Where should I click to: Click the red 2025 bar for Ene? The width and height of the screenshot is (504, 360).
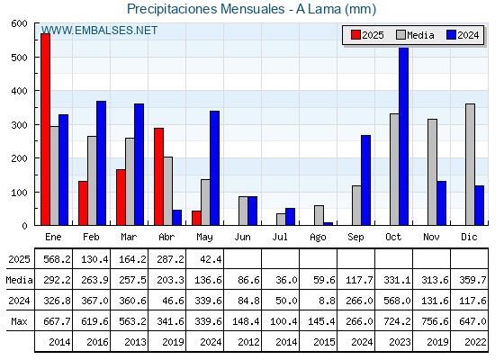tap(45, 130)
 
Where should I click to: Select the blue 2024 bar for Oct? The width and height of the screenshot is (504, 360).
tap(404, 136)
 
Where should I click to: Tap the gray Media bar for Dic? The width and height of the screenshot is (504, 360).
tap(470, 164)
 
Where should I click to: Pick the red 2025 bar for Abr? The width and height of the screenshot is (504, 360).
tap(158, 176)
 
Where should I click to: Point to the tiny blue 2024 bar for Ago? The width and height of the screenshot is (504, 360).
tap(328, 224)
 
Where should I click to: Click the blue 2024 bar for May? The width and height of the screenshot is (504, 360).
tap(215, 168)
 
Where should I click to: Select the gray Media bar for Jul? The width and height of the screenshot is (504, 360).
tap(281, 220)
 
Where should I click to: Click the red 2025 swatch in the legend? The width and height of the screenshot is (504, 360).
tap(355, 35)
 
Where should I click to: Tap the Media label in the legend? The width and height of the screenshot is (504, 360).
tap(420, 35)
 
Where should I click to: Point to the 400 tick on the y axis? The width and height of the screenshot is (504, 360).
tap(19, 91)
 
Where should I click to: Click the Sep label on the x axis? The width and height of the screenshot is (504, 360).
tap(355, 238)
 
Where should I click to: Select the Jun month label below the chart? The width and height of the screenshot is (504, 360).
tap(242, 238)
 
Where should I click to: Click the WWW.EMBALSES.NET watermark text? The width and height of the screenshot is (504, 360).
tap(99, 31)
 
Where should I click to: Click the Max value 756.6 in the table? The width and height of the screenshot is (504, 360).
tap(435, 321)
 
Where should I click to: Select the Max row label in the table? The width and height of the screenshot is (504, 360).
tap(19, 321)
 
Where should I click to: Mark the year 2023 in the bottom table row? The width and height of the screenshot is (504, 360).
tap(400, 342)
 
